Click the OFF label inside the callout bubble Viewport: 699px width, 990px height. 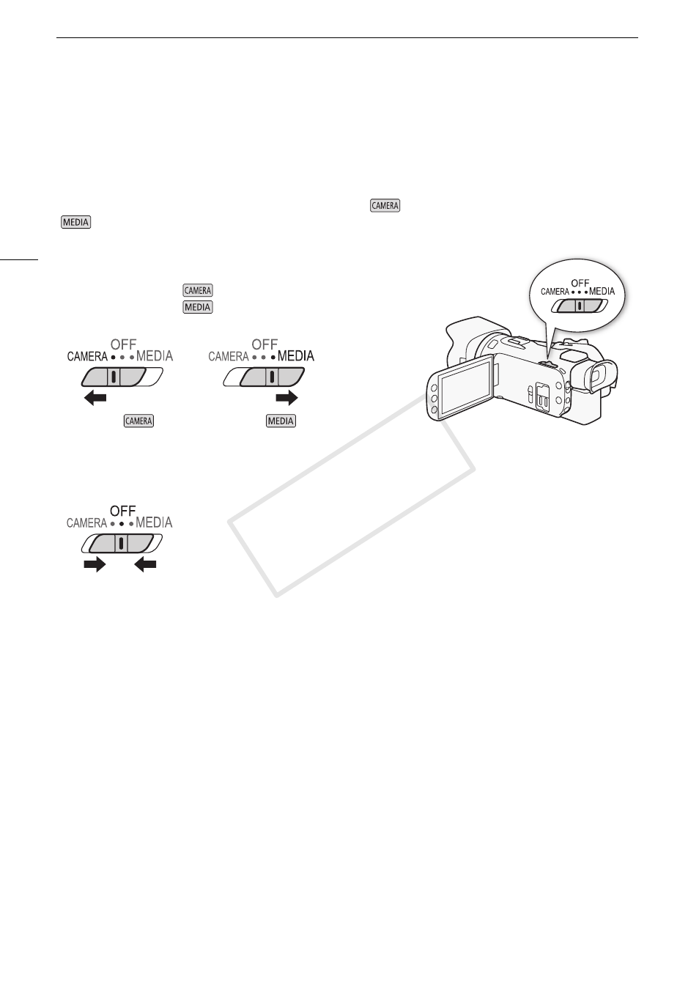[x=580, y=282]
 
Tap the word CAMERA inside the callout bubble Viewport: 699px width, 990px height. [x=555, y=291]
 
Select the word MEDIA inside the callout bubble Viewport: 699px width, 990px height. [x=602, y=291]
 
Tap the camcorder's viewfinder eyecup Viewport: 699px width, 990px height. [x=599, y=376]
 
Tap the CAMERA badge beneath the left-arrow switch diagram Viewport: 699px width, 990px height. [x=139, y=421]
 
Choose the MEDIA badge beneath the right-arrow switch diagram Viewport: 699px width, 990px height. [x=281, y=421]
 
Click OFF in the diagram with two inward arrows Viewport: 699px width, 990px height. [x=123, y=511]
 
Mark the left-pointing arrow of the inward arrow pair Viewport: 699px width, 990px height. [x=145, y=564]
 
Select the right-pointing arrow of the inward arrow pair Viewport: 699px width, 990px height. [x=95, y=564]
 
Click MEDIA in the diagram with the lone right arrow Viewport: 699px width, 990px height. [x=295, y=356]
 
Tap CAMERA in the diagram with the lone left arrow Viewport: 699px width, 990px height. [x=87, y=356]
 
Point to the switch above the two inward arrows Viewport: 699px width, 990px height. [x=122, y=543]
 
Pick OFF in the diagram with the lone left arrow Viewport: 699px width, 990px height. [x=124, y=344]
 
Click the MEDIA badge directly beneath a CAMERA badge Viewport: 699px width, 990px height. [x=198, y=307]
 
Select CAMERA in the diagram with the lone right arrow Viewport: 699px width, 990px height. [x=229, y=356]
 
